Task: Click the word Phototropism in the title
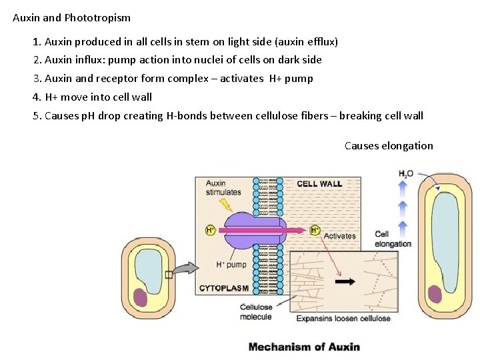97,18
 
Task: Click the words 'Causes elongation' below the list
389,146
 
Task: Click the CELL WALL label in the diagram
319,184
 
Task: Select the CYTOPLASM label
224,289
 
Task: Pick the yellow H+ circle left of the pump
211,231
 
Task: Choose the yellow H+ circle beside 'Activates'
315,231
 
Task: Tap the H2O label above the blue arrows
406,174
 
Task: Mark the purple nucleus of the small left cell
141,297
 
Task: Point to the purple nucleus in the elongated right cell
435,295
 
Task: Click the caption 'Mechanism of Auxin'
304,347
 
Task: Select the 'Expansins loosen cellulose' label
343,319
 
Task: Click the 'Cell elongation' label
393,239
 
